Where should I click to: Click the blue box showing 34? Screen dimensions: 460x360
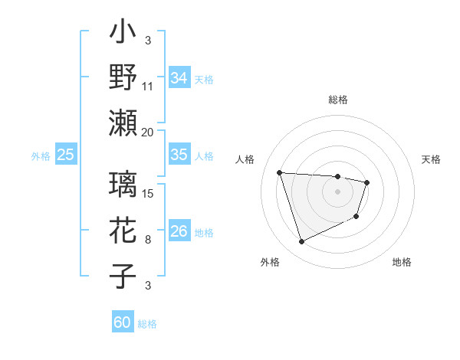[179, 78]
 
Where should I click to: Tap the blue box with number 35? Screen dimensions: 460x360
[179, 155]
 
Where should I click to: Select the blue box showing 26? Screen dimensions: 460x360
[179, 231]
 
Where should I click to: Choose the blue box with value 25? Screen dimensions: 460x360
[65, 155]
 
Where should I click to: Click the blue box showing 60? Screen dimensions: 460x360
[123, 322]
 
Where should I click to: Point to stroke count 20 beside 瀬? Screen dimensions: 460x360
[148, 132]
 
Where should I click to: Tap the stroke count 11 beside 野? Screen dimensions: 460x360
[148, 87]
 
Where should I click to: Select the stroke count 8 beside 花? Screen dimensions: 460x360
[148, 240]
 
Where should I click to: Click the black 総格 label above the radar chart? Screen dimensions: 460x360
[337, 100]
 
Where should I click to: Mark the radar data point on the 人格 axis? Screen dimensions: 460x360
[280, 172]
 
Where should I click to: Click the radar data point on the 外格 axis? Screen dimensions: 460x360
[301, 242]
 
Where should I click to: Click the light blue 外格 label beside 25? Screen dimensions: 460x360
[41, 155]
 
